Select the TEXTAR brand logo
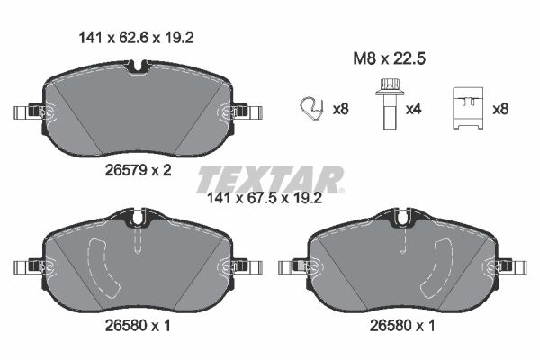coord(269,178)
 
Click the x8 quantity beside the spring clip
coord(340,110)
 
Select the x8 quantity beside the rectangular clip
coord(500,110)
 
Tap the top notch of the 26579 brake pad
coord(138,67)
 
